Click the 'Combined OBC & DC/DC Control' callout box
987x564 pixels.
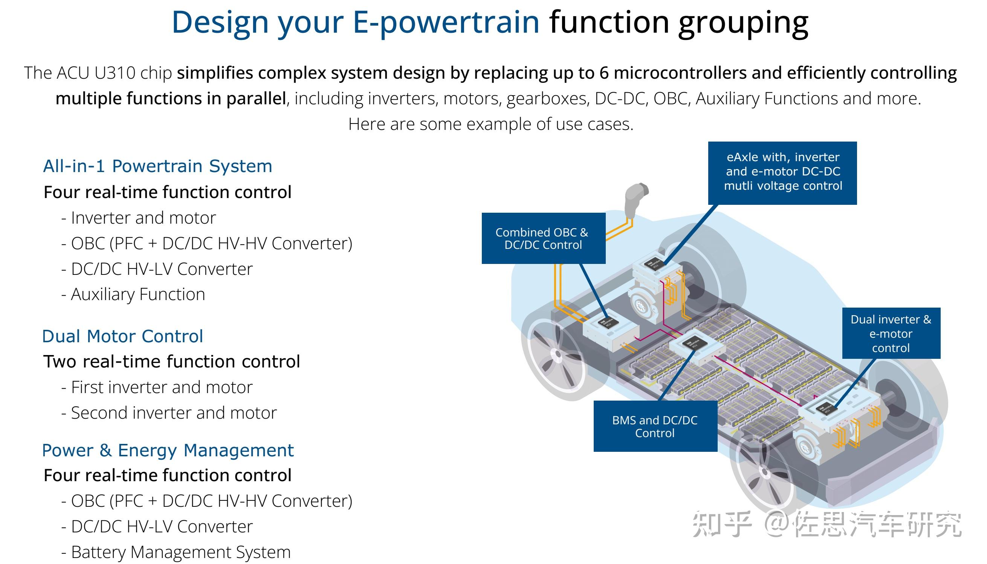(x=543, y=238)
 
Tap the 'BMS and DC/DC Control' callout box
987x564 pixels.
(x=655, y=426)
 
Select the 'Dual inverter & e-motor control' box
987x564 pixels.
(x=891, y=333)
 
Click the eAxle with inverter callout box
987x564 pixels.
(x=782, y=172)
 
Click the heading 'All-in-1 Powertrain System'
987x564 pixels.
(x=157, y=166)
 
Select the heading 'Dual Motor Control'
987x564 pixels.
(x=122, y=336)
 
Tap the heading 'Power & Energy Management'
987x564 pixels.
(x=168, y=450)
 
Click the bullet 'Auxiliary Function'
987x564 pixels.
(x=138, y=294)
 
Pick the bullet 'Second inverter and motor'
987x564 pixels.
(x=174, y=413)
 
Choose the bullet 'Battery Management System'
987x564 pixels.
(x=180, y=552)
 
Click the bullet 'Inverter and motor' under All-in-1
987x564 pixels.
(x=144, y=218)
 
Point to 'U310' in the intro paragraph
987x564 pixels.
(x=115, y=73)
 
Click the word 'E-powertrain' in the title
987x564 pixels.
(x=446, y=22)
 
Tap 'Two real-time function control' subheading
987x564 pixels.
(x=172, y=361)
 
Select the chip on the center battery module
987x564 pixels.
(x=693, y=344)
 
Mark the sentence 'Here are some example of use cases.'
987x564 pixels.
(x=490, y=124)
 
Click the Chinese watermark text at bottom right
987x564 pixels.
(x=827, y=524)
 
